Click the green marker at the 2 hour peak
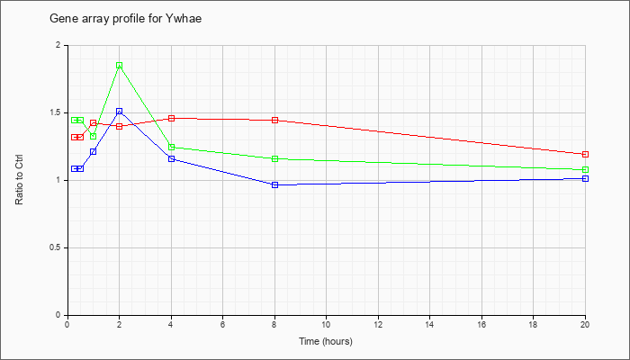[x=120, y=66]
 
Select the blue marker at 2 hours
[x=120, y=112]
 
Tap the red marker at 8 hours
[x=274, y=120]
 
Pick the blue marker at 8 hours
[x=274, y=184]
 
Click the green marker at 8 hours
[x=274, y=158]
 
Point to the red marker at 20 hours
[x=585, y=154]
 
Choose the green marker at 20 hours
[x=585, y=169]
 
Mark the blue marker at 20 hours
[x=585, y=178]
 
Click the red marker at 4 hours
[x=172, y=118]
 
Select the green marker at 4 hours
[x=172, y=147]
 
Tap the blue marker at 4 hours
[x=172, y=158]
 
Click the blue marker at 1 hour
[x=94, y=151]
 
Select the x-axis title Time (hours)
[x=326, y=341]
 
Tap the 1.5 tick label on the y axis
[x=58, y=112]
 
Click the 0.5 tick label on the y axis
[x=58, y=247]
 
